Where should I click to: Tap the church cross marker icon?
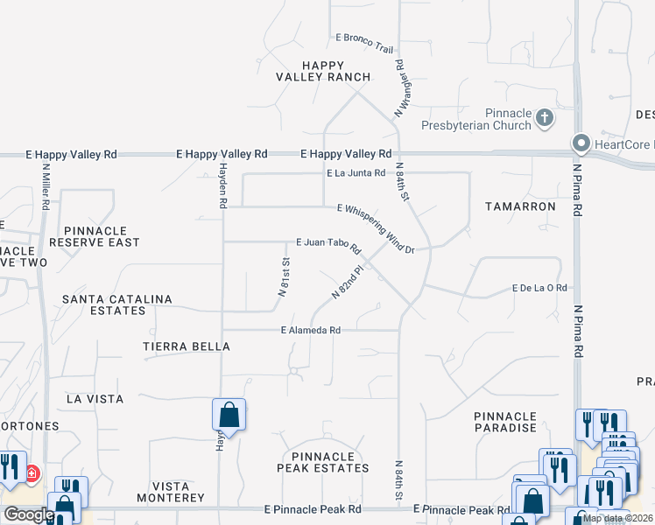pos(544,116)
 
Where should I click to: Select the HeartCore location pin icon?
pos(580,143)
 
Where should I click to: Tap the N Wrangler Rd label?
pos(404,88)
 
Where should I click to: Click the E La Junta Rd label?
pos(356,173)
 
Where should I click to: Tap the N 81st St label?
pos(285,279)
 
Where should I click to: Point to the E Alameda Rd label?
pos(310,331)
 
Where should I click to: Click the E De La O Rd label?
pos(540,288)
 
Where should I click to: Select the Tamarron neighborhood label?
pos(520,206)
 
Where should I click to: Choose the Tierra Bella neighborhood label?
pos(187,346)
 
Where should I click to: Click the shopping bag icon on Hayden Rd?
pos(229,416)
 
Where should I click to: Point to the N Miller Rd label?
pos(45,187)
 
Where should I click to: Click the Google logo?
pos(28,514)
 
